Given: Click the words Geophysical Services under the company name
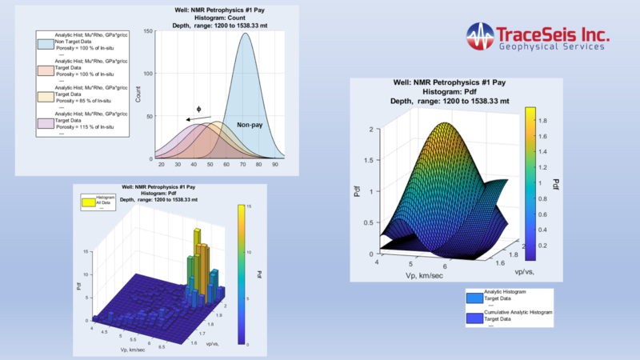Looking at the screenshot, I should click(551, 48).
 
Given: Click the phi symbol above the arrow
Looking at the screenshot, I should click(199, 108).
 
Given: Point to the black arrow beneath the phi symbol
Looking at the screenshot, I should click(198, 119).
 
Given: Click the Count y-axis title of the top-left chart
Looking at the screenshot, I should click(138, 97).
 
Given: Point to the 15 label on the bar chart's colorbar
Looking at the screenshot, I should click(249, 206).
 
